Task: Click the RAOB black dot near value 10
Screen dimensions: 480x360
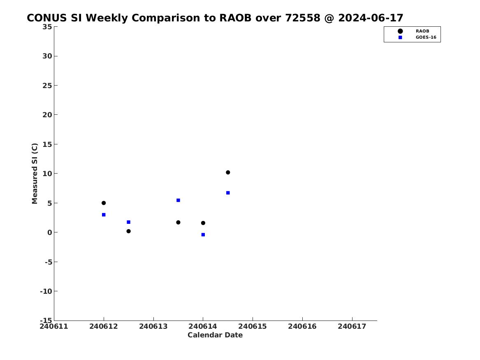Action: tap(228, 172)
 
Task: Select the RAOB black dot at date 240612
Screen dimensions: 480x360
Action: tap(104, 203)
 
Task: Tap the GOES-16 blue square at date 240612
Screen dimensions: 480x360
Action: tap(104, 215)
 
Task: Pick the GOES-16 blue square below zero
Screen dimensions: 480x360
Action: tap(203, 235)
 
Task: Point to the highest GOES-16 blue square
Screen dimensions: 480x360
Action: tap(228, 193)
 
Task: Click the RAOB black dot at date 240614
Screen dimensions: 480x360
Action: tap(203, 223)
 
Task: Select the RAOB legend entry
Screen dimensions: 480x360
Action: tap(413, 31)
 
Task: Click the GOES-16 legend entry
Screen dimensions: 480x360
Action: tap(416, 37)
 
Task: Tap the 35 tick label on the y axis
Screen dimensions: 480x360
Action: tap(47, 27)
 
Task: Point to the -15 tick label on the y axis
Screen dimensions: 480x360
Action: tap(46, 320)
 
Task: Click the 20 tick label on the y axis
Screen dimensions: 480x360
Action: tap(47, 114)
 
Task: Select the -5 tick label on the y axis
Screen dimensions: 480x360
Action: tap(49, 262)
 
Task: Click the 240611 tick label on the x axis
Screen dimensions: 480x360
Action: tap(54, 326)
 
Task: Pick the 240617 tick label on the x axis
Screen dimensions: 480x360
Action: tap(352, 326)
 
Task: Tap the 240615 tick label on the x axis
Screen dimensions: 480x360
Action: tap(253, 326)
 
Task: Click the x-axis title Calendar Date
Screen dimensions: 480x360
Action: tap(215, 335)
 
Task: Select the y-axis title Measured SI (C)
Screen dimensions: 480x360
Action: tap(35, 174)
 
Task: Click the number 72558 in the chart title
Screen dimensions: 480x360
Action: tap(303, 18)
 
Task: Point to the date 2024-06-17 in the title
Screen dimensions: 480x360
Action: tap(371, 18)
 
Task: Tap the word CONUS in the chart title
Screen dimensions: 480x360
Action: tap(47, 18)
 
